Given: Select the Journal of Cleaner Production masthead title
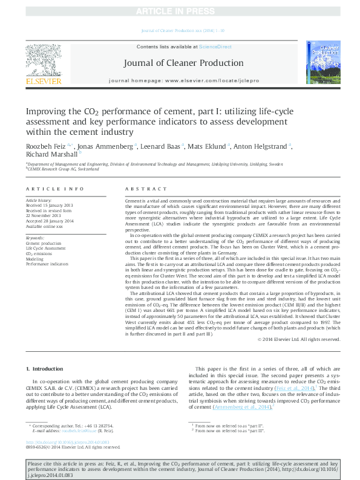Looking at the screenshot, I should [x=183, y=63].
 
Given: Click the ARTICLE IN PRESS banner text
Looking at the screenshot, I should [x=180, y=12].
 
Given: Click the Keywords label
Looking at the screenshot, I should [x=35, y=238].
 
